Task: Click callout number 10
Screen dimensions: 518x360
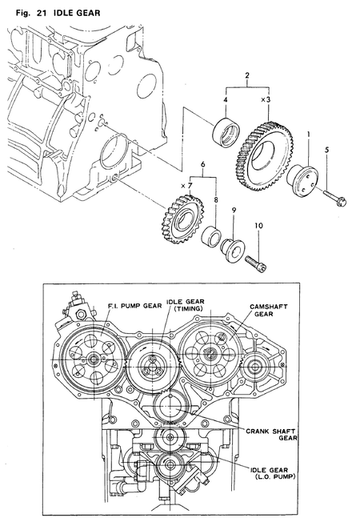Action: tap(258, 226)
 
